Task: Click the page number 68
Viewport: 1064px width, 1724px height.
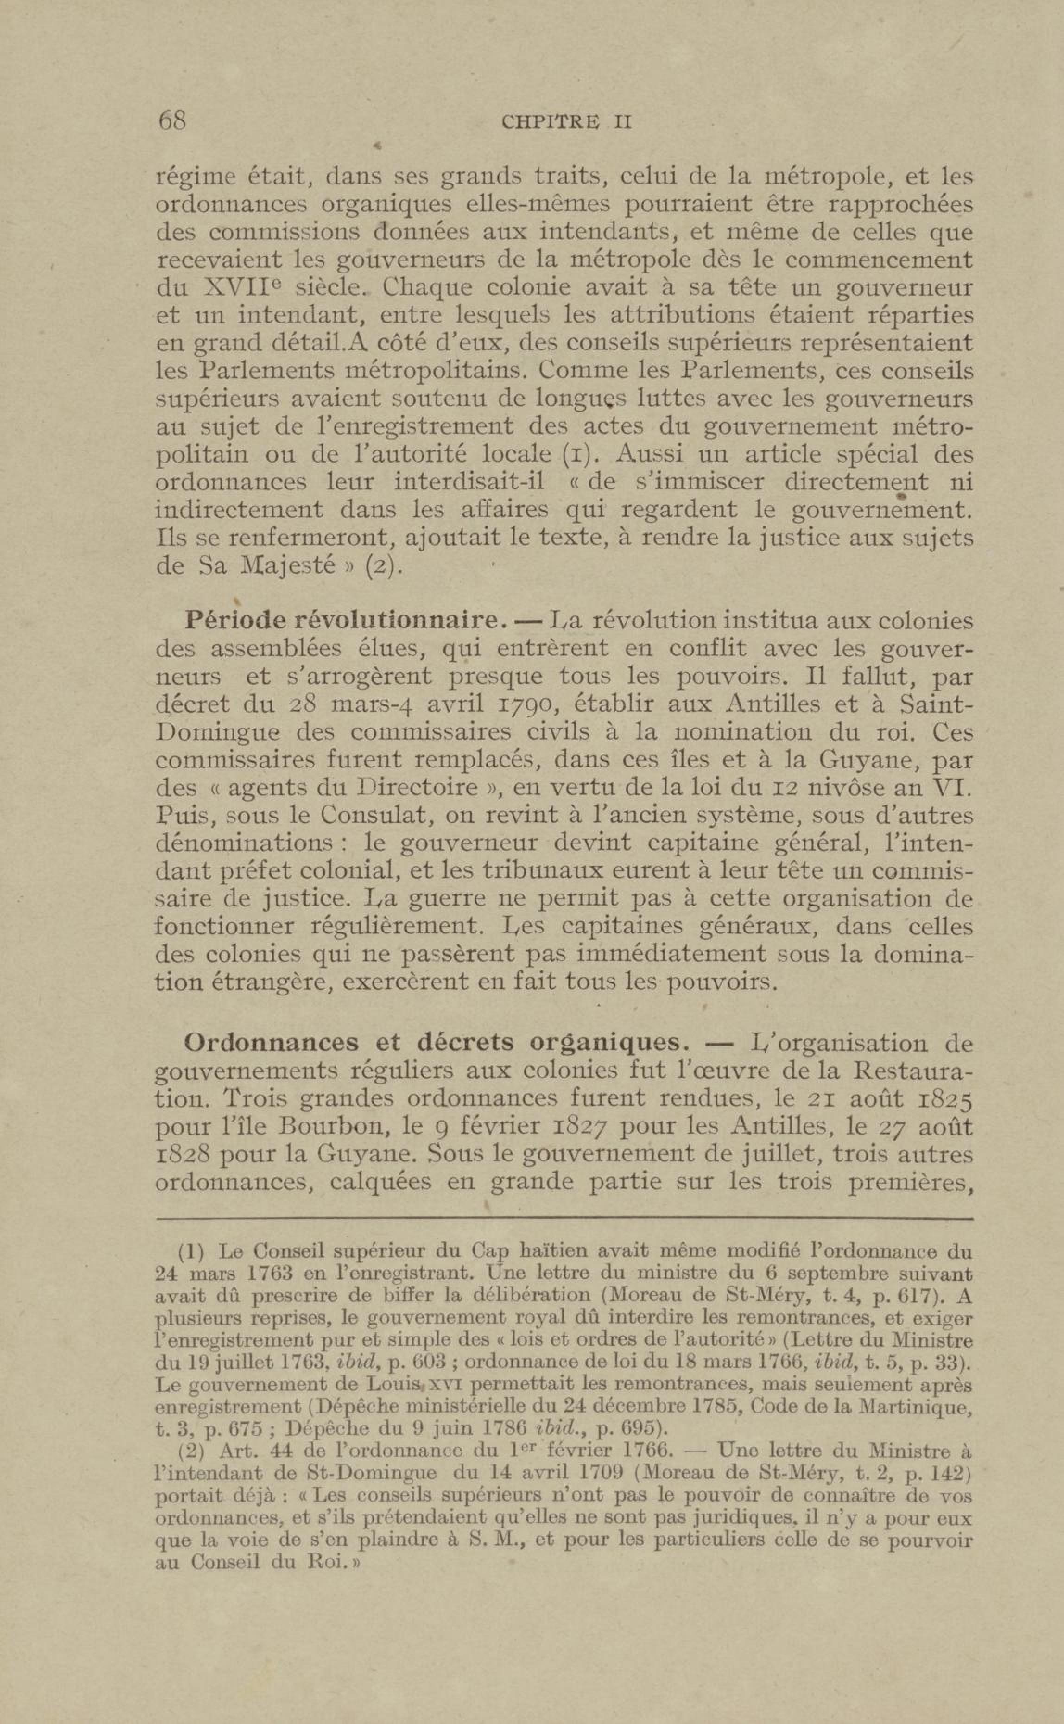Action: coord(172,121)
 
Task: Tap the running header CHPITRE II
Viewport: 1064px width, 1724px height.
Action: coord(566,122)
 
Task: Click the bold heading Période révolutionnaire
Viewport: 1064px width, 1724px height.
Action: coord(346,621)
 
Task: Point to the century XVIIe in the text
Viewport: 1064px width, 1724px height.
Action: coord(236,288)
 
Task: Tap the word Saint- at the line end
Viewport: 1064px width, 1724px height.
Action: coord(936,704)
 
